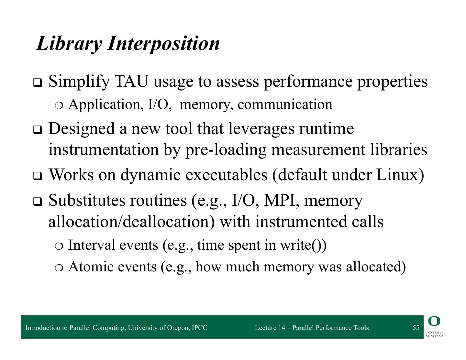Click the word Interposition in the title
[x=163, y=43]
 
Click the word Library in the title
[x=68, y=43]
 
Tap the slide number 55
[x=416, y=328]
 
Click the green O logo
[x=434, y=322]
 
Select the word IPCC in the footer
[x=199, y=328]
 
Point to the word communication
[x=285, y=104]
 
